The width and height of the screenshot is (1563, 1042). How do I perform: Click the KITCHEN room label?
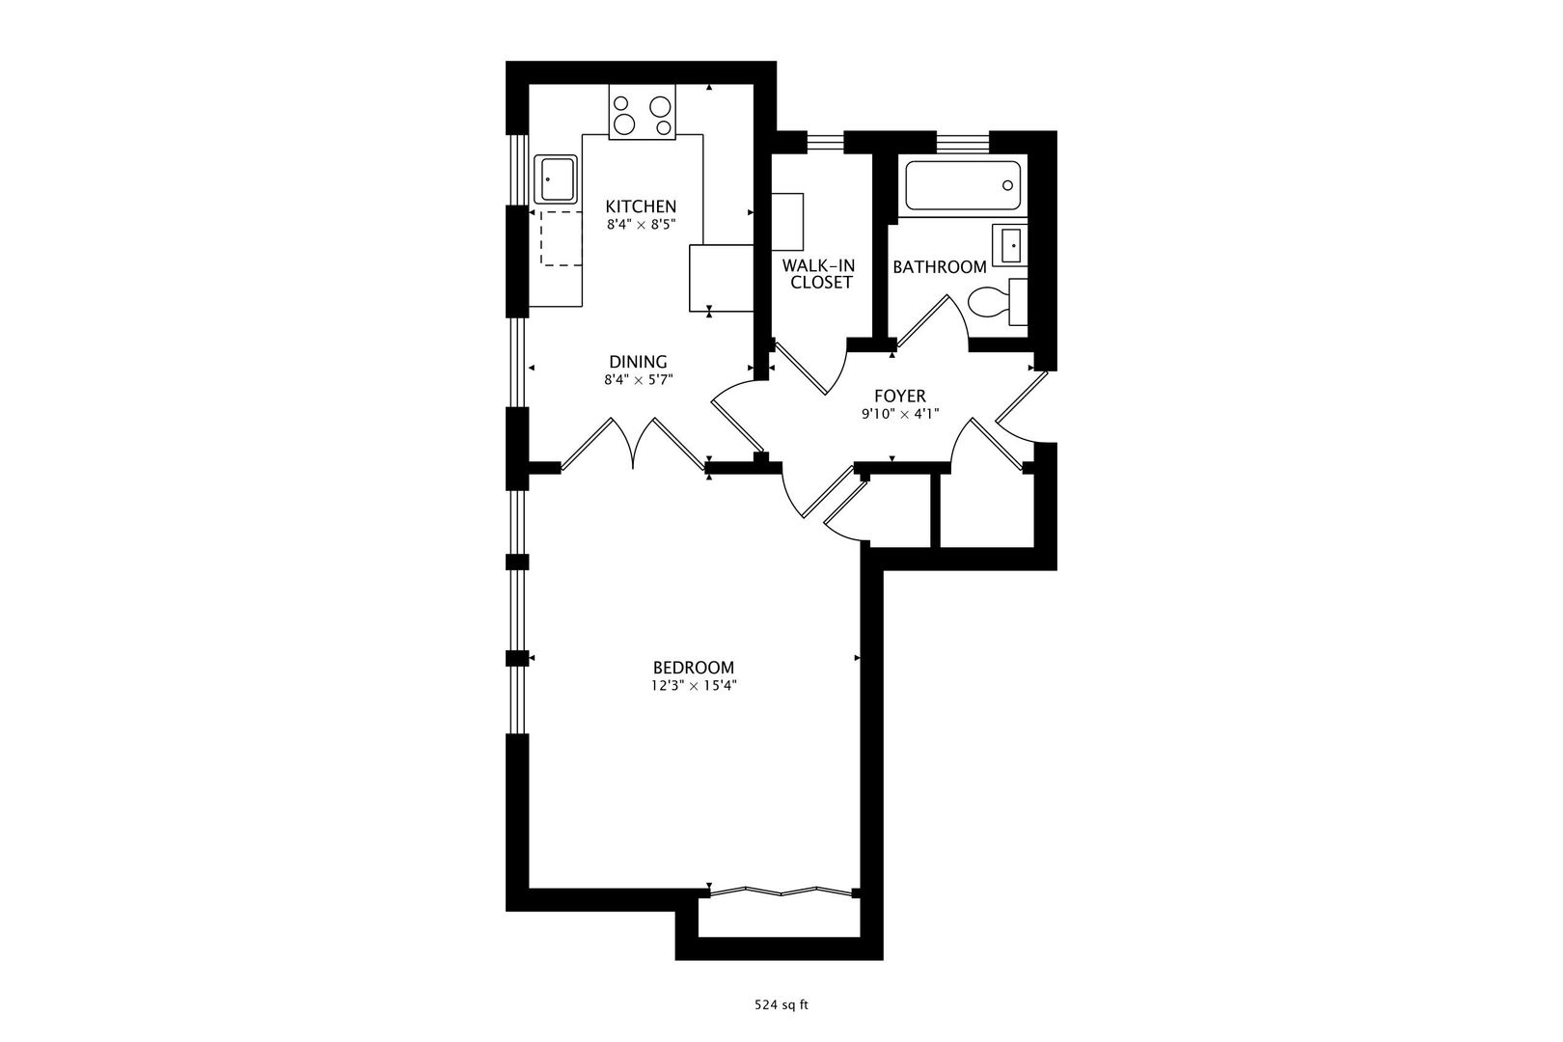point(641,206)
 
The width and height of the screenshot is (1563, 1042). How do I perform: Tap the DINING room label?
point(638,362)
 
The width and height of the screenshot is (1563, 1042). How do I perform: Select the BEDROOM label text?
point(694,668)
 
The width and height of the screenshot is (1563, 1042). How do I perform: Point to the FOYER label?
point(900,397)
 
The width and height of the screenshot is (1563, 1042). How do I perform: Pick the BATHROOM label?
point(940,266)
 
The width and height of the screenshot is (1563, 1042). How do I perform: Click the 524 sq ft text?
point(781,1005)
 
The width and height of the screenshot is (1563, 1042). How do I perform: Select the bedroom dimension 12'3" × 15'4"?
point(694,686)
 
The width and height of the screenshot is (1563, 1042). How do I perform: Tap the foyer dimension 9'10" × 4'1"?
point(900,414)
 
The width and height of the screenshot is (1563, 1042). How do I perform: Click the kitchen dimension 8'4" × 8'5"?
point(641,225)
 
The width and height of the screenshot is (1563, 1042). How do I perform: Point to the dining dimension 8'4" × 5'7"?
point(638,380)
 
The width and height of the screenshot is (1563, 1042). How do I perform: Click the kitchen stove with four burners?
point(642,112)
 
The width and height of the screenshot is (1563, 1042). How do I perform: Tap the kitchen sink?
point(556,179)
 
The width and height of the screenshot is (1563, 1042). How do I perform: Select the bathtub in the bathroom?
point(963,185)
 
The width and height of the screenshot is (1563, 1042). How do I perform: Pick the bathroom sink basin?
point(1009,246)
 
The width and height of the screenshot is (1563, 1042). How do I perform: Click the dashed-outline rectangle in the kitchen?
point(561,238)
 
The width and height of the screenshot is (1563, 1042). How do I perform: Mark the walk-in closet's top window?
point(826,142)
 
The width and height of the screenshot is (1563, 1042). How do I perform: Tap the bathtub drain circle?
point(1007,185)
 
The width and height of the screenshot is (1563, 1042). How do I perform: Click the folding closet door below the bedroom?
point(781,891)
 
